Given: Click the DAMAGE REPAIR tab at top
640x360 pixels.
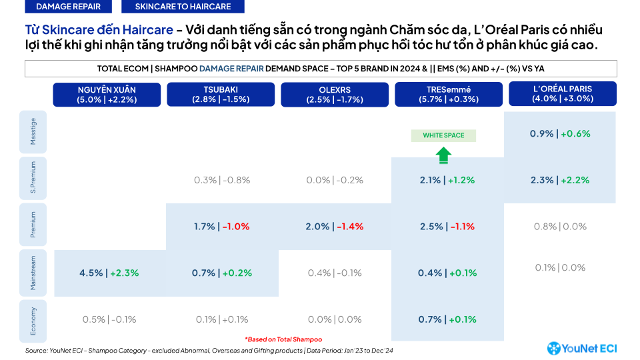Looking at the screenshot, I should pos(69,7).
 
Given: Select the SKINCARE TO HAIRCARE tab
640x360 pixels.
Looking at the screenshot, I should pos(183,7).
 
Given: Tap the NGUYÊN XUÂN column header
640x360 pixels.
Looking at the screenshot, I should pos(107,95).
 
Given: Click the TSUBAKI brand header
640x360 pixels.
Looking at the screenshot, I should pos(221,95).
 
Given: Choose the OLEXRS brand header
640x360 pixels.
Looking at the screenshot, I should pos(335,95).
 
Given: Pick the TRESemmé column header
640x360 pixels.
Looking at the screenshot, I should pos(449,95).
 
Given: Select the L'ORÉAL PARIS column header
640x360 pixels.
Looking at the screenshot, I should pos(563,93).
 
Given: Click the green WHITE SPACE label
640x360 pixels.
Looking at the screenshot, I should pos(443,135).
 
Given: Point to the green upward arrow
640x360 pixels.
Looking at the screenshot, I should pos(443,155).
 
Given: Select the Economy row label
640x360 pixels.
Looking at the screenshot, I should pos(33,320).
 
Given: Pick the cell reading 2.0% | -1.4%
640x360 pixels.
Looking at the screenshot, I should pos(335,227).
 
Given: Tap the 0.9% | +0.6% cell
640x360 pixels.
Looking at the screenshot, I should pos(560,133).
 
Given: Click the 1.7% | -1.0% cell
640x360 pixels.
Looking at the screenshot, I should pos(221,227).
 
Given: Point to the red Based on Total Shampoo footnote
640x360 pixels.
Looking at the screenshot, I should pos(283,339).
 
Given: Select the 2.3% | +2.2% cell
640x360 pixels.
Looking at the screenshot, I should pos(560,180).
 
